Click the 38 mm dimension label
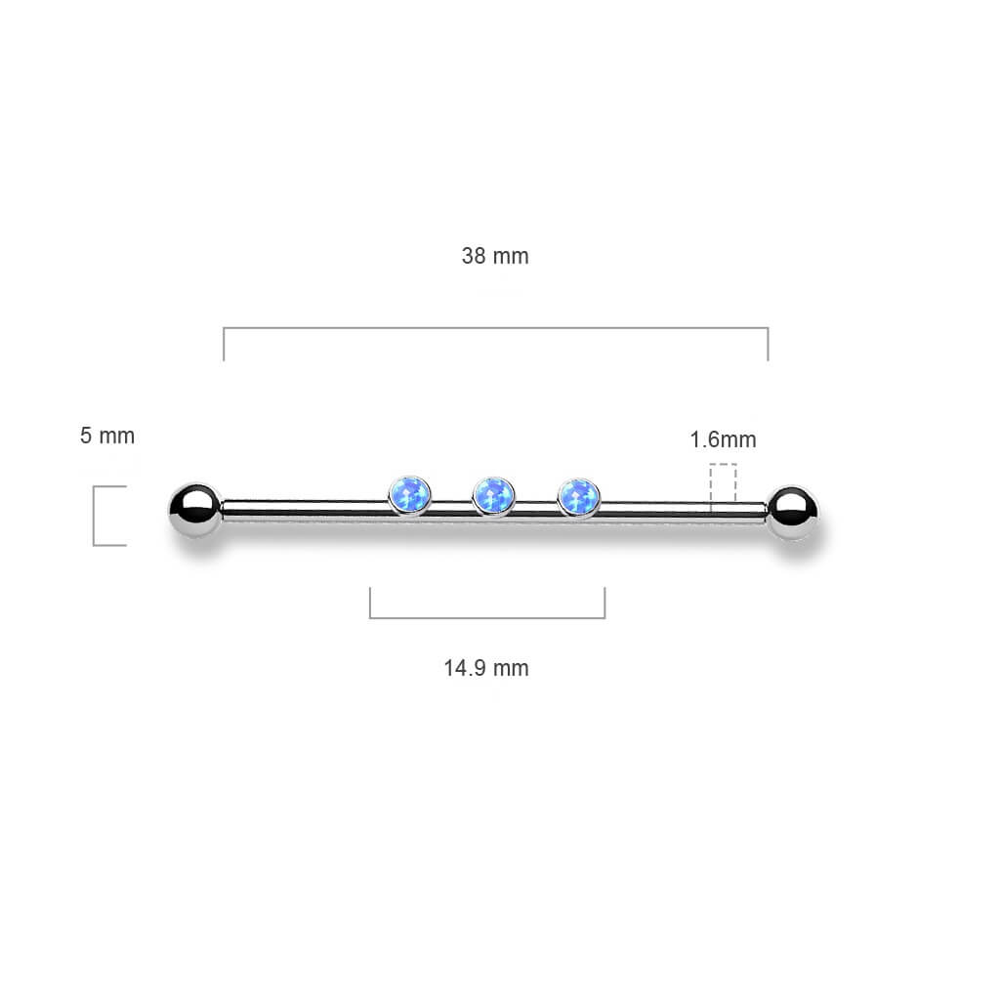click(495, 257)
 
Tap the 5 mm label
click(107, 437)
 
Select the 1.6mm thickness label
click(724, 439)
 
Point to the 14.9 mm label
click(486, 668)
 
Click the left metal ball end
click(195, 510)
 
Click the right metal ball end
click(793, 512)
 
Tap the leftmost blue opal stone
click(409, 495)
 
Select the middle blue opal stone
click(493, 495)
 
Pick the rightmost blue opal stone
click(578, 497)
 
